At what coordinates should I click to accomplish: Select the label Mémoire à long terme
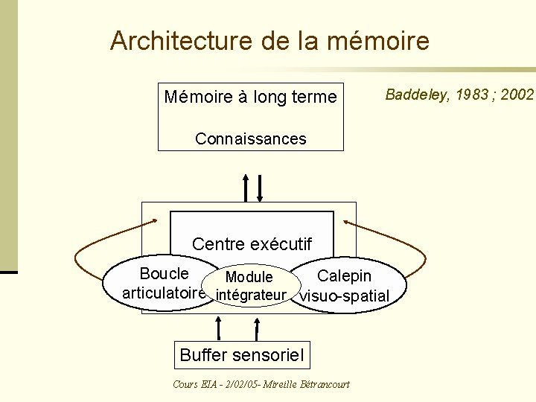coord(250,96)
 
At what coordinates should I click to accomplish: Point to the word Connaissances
coord(250,139)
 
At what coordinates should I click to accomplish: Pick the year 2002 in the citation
coord(516,94)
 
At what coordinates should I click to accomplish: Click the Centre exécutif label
coord(252,243)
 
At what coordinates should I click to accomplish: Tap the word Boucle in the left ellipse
coord(164,272)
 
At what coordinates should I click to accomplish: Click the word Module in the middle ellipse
coord(249,277)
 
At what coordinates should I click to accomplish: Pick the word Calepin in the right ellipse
coord(344,275)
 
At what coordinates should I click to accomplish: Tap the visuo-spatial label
coord(343,296)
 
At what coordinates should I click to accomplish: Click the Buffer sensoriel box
coord(242,356)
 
